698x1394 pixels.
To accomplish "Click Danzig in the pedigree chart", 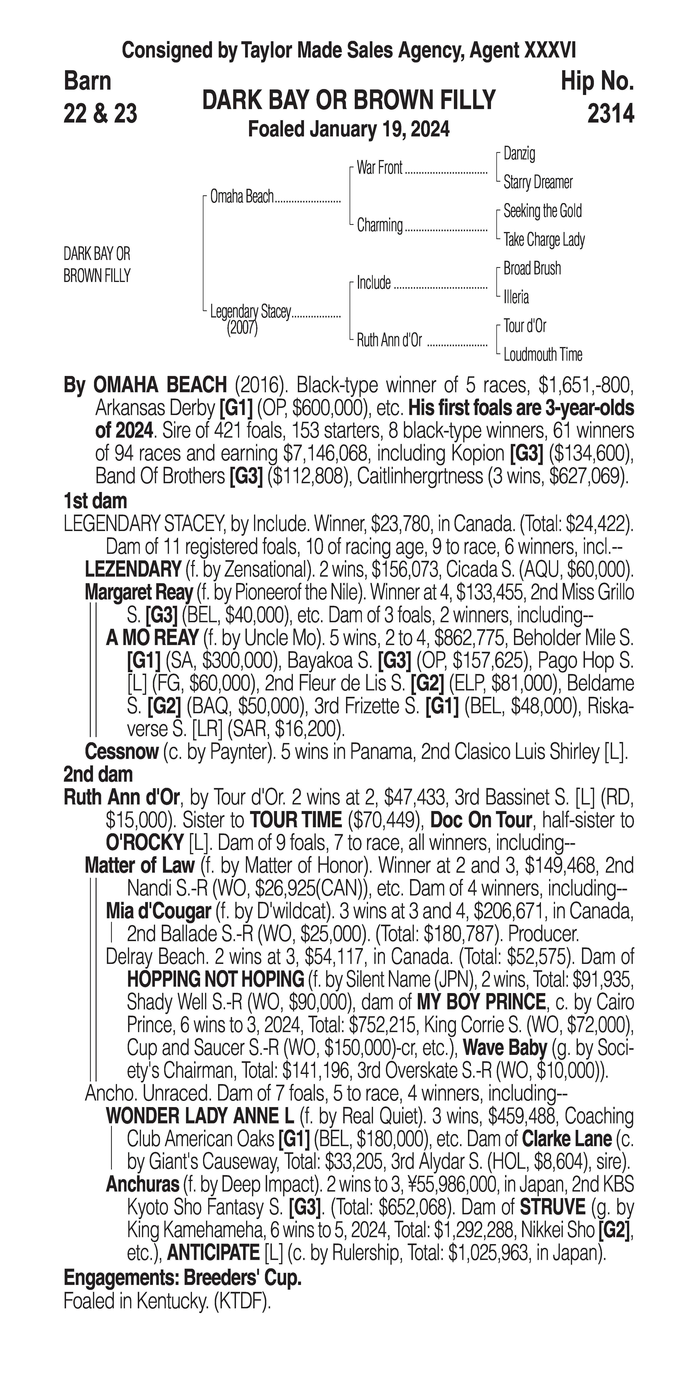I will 519,154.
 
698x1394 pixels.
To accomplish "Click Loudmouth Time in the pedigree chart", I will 543,355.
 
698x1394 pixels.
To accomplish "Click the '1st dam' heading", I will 95,501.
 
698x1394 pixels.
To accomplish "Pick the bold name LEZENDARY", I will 133,569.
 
